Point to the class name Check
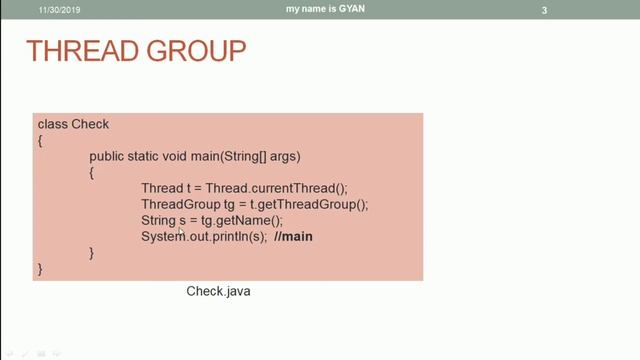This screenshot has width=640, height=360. click(x=90, y=124)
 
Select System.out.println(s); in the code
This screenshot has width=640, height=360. click(x=203, y=236)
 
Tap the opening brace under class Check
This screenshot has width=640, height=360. click(x=41, y=141)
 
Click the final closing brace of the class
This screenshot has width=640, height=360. click(x=41, y=269)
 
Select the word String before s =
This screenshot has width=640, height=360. click(x=158, y=220)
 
